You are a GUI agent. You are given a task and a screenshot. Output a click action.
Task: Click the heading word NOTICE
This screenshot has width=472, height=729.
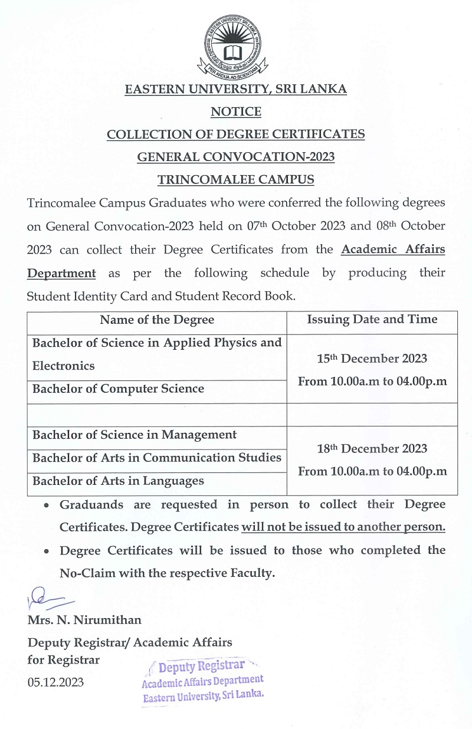(235, 111)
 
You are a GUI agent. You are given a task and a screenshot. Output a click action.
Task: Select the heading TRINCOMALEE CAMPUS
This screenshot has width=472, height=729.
(235, 179)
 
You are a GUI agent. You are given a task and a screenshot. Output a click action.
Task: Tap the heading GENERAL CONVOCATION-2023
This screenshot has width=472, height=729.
(235, 157)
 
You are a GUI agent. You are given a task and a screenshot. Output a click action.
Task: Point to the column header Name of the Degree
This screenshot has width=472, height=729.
(157, 320)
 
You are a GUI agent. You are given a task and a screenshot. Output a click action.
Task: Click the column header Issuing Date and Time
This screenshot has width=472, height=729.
(372, 320)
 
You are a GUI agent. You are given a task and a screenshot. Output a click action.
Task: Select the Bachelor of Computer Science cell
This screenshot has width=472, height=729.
(118, 389)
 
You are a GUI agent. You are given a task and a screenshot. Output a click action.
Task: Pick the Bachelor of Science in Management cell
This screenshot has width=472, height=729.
(135, 435)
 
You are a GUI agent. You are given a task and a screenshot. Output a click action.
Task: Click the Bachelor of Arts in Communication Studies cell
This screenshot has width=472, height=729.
(156, 458)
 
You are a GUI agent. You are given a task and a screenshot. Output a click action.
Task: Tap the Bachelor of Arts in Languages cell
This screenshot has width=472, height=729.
(118, 481)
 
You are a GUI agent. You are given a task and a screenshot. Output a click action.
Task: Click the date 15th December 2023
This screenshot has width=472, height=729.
(372, 359)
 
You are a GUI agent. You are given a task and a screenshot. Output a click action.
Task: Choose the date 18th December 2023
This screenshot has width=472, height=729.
(372, 449)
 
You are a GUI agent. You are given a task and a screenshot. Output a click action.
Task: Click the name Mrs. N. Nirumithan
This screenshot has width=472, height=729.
(84, 620)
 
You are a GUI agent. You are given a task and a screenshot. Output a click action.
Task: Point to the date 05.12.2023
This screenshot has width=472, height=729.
(55, 682)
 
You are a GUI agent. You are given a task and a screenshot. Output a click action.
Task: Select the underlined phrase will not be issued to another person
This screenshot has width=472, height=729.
(343, 527)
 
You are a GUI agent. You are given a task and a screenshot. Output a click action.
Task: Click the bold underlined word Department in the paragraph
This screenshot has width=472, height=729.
(61, 273)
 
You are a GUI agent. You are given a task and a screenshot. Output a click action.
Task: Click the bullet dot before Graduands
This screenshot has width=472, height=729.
(47, 505)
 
